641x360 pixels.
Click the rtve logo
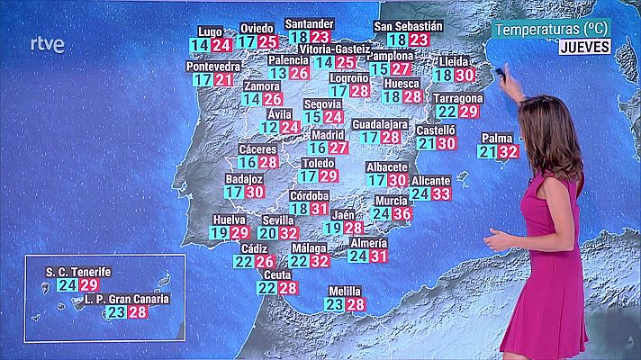pyautogui.click(x=47, y=44)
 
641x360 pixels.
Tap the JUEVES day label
pyautogui.click(x=584, y=46)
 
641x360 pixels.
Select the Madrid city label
pyautogui.click(x=328, y=134)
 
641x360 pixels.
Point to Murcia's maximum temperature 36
pyautogui.click(x=402, y=213)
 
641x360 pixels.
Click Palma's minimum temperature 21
pyautogui.click(x=488, y=151)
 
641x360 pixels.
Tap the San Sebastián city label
pyautogui.click(x=408, y=26)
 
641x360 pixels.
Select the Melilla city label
pyautogui.click(x=345, y=291)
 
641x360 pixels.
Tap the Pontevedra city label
pyautogui.click(x=213, y=67)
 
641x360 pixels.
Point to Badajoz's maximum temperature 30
pyautogui.click(x=255, y=192)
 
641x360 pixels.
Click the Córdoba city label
pyautogui.click(x=310, y=195)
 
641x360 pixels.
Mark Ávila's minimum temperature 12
pyautogui.click(x=268, y=128)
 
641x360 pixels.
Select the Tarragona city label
pyautogui.click(x=457, y=98)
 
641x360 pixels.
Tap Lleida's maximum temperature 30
pyautogui.click(x=465, y=76)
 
